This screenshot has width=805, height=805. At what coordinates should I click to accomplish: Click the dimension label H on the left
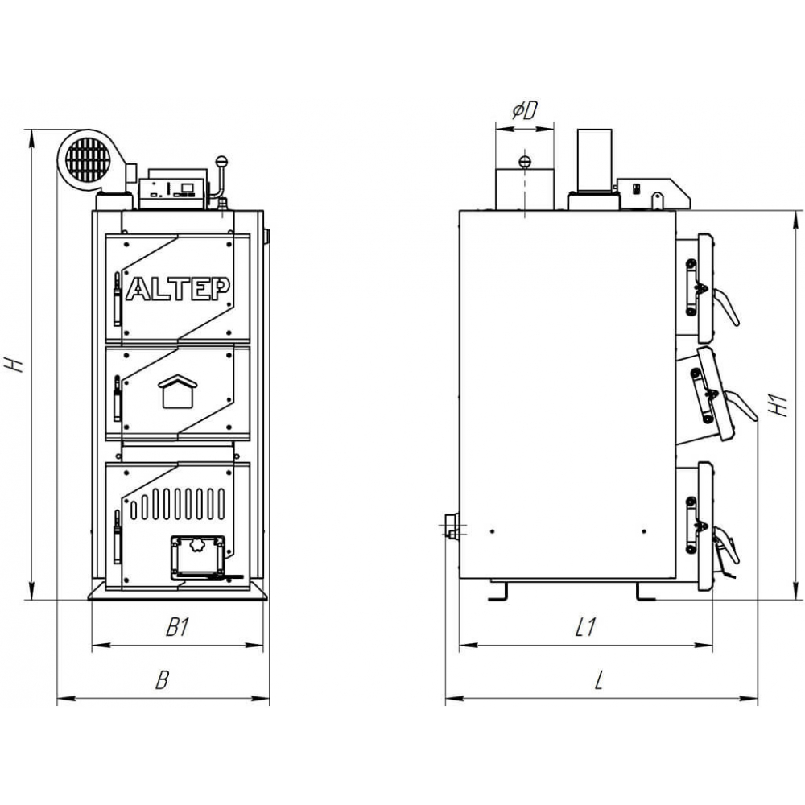(14, 365)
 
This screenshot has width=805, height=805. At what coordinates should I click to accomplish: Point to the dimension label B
(162, 681)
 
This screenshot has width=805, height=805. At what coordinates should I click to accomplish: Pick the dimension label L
(598, 681)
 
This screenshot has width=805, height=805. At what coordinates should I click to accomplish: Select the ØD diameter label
(524, 111)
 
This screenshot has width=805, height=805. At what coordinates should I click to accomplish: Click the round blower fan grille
(85, 159)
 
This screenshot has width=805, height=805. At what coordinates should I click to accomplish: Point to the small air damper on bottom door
(197, 555)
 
